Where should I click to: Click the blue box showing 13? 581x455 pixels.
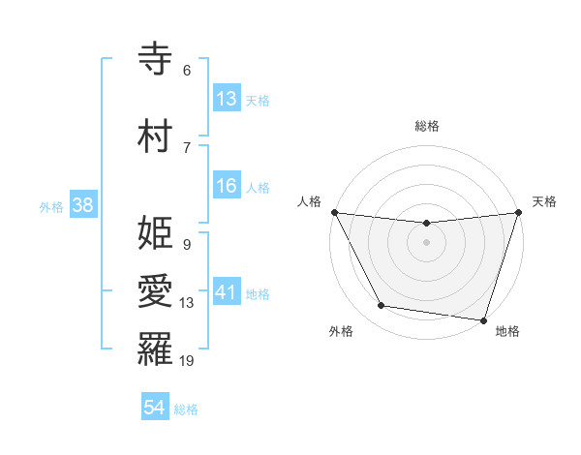pos(227,99)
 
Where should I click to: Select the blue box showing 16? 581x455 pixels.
pos(227,186)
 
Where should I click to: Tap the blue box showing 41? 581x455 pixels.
pos(227,292)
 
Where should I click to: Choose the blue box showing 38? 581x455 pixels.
pos(82,205)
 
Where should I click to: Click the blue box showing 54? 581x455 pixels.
pos(155,408)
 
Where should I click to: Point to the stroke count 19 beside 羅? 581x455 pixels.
pos(187,361)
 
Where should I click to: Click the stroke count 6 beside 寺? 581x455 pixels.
pos(187,71)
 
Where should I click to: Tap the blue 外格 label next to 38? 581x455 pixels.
pos(51,206)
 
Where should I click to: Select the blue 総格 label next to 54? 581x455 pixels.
pos(186,409)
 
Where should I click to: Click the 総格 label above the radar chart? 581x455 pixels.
pos(426,126)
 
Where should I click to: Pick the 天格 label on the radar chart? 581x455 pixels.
pos(544,201)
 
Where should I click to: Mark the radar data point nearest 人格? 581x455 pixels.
pos(334,212)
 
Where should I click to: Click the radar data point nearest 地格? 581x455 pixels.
pos(483,319)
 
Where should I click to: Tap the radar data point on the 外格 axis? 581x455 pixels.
pos(382,306)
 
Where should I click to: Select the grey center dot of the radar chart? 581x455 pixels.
pos(426,242)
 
